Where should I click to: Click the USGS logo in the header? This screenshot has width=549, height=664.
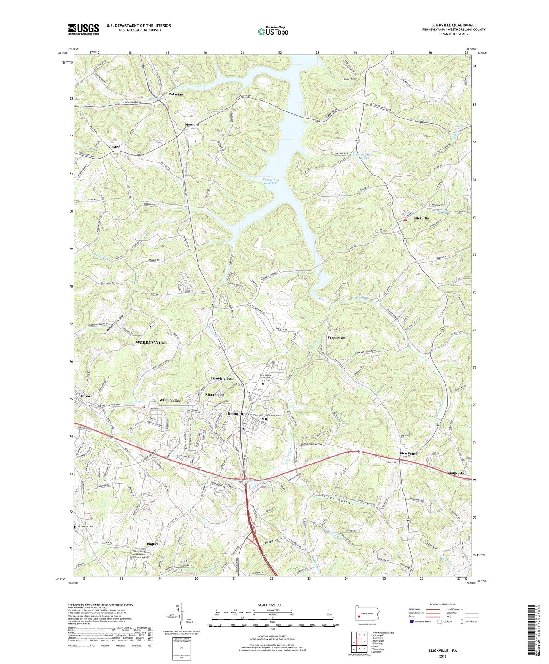click(84, 29)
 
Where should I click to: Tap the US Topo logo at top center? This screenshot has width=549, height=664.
click(272, 31)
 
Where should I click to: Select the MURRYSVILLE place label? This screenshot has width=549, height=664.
click(151, 343)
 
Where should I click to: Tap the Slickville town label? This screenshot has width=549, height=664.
click(421, 218)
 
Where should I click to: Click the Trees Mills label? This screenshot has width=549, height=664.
click(336, 338)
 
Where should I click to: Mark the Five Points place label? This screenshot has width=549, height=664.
click(409, 454)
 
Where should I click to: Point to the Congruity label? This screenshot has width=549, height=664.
click(456, 473)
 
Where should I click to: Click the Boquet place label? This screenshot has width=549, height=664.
click(152, 544)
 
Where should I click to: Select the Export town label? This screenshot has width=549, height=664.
click(86, 396)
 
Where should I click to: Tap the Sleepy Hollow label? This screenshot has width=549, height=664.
click(274, 540)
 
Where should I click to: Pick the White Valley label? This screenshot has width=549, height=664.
click(170, 400)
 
